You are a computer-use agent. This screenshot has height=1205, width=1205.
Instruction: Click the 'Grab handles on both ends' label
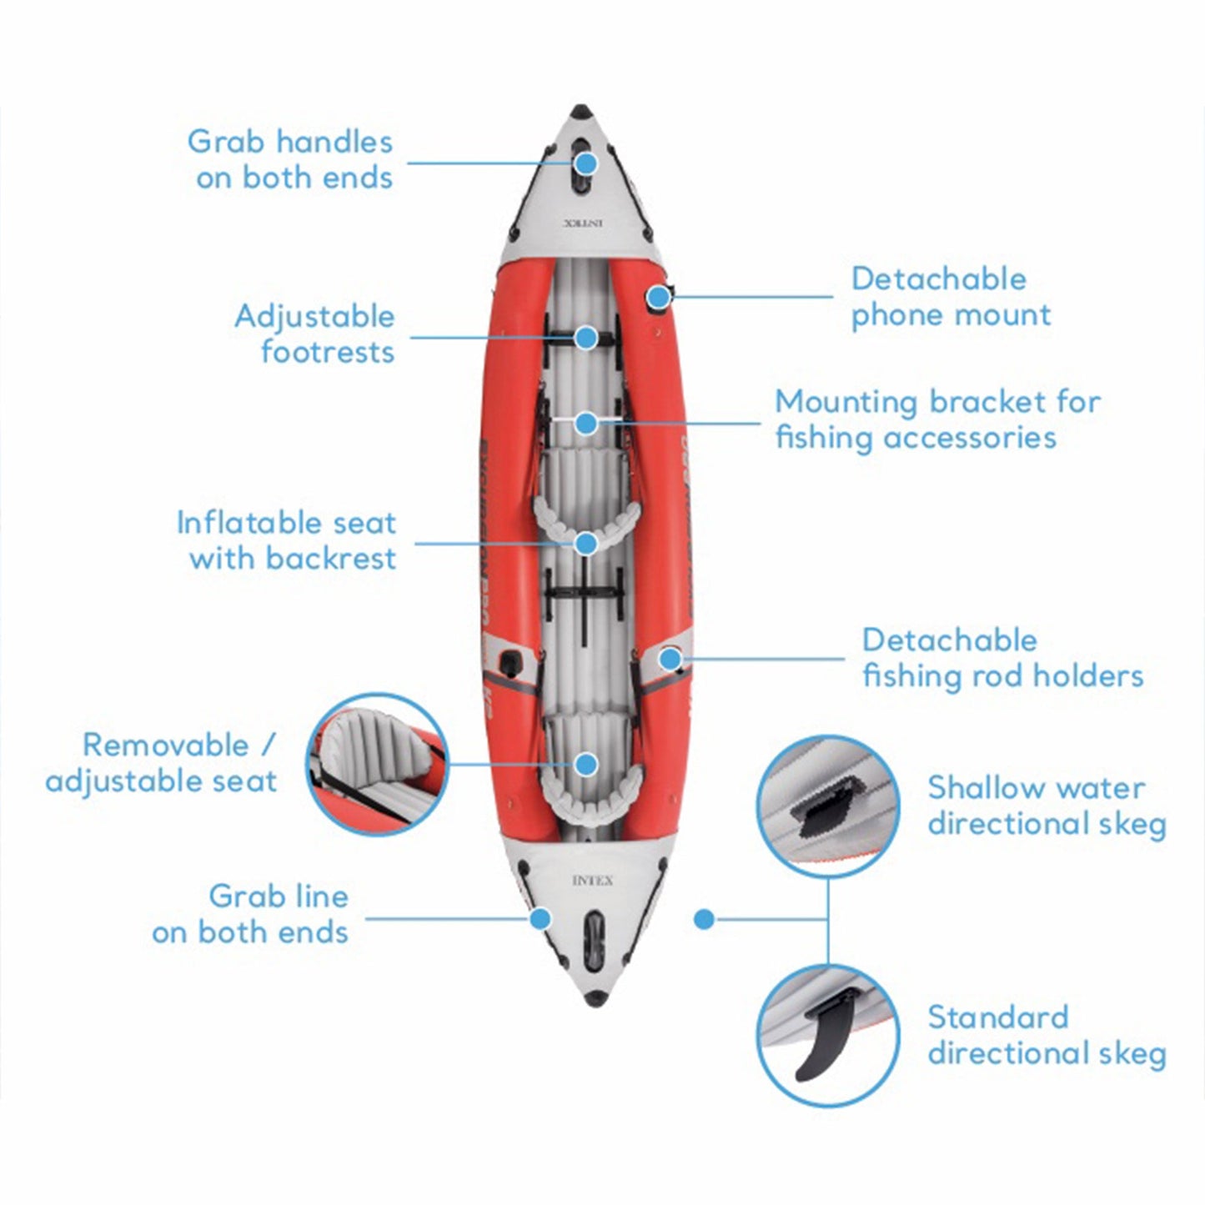[290, 159]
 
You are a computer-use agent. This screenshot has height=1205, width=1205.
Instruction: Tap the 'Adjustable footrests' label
[314, 334]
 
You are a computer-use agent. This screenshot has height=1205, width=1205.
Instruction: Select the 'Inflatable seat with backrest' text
[286, 540]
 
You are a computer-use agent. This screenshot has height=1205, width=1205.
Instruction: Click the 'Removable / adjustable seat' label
[162, 763]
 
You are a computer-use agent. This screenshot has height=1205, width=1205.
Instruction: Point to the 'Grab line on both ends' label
[250, 914]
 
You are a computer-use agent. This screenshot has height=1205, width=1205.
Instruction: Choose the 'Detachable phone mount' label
[951, 297]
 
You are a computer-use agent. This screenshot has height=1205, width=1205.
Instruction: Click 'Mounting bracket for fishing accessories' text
[937, 419]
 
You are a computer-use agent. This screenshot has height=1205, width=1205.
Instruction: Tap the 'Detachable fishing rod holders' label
[1002, 658]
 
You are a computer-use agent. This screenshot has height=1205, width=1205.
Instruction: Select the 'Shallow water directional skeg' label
[1047, 806]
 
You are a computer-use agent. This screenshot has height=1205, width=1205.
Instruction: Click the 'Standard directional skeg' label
[1047, 1035]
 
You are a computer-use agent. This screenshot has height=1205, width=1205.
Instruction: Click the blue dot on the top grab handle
[586, 163]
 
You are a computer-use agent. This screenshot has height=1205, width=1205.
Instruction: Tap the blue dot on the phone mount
[660, 296]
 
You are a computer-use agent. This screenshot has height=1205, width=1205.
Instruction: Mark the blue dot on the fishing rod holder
[669, 659]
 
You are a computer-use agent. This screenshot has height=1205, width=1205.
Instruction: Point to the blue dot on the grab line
[541, 919]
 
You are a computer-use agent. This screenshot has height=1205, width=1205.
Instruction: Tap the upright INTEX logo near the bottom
[592, 881]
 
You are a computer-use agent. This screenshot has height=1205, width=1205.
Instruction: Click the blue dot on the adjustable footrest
[586, 338]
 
